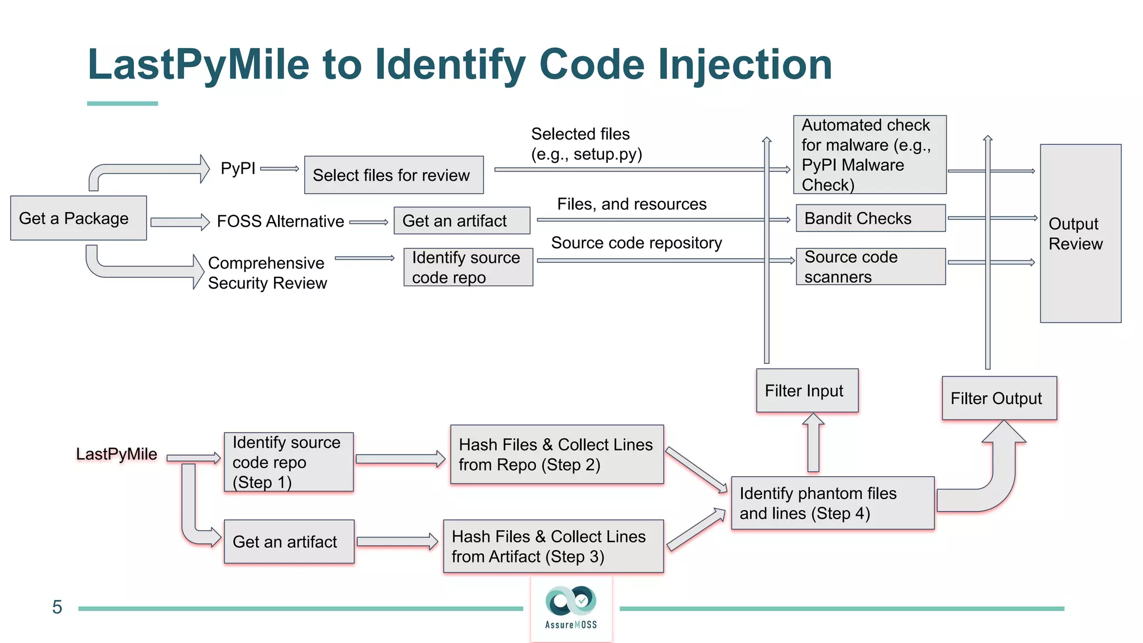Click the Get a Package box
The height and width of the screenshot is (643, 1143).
click(x=78, y=218)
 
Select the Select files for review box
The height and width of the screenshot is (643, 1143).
click(x=393, y=175)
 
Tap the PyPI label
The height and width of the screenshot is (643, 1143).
click(x=238, y=168)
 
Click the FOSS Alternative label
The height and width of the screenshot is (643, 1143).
click(x=280, y=222)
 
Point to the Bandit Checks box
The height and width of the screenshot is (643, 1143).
click(x=870, y=218)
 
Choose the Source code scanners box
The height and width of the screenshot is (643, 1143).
click(x=870, y=267)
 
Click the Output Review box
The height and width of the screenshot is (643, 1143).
click(x=1080, y=233)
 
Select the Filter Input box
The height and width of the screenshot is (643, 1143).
click(x=806, y=391)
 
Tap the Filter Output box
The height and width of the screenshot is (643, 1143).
click(x=998, y=399)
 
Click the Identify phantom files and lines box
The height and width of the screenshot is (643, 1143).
click(x=832, y=503)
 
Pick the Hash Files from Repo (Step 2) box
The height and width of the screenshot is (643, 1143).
click(x=556, y=454)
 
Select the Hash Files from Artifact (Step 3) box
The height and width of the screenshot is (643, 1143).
click(x=553, y=546)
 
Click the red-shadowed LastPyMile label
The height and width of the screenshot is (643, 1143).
click(x=117, y=454)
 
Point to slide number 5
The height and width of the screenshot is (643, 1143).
click(x=57, y=607)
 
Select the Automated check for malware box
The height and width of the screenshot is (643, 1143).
click(x=869, y=155)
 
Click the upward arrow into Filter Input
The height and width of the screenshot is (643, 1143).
click(x=813, y=443)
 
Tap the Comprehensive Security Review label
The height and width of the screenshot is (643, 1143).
click(x=267, y=273)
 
